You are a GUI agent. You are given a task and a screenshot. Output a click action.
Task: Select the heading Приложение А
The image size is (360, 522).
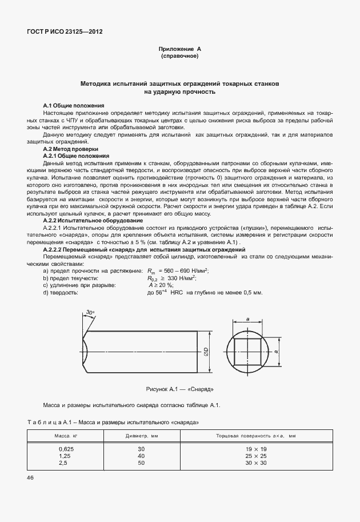tap(179, 50)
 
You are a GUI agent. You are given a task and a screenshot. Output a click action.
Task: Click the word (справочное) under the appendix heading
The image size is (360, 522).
tap(179, 57)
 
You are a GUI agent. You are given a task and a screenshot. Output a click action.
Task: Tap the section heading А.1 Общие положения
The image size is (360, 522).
tap(74, 106)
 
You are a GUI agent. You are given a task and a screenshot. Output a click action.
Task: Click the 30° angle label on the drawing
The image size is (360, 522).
tap(90, 312)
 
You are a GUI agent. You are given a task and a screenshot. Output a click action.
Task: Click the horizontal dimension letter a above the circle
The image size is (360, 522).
tap(247, 320)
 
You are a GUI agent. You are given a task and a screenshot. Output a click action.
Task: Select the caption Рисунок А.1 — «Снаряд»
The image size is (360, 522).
tap(179, 389)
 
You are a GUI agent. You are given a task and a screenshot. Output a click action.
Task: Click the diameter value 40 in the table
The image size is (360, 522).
tap(141, 456)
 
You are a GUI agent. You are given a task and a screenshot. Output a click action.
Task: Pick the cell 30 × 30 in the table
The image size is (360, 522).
tap(256, 463)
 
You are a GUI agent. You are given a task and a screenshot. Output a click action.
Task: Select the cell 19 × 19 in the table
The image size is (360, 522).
tap(256, 449)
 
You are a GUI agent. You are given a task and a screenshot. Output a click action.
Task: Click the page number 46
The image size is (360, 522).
tap(30, 477)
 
